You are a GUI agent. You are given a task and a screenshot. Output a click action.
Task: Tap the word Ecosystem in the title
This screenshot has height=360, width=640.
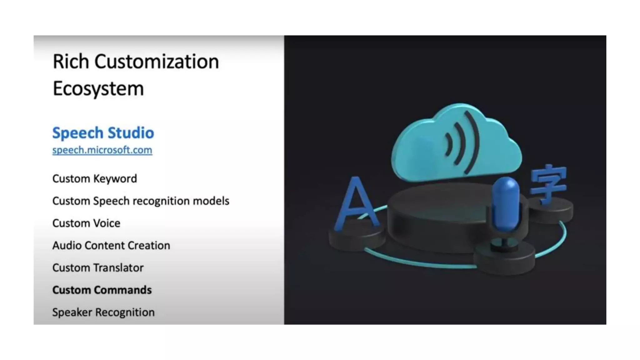(x=98, y=88)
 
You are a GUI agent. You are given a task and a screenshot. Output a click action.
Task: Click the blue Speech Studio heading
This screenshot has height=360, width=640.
(x=103, y=133)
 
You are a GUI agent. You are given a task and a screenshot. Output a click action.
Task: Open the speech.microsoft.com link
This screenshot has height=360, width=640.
(x=102, y=150)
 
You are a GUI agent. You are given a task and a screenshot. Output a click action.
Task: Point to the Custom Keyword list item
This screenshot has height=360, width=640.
(x=95, y=178)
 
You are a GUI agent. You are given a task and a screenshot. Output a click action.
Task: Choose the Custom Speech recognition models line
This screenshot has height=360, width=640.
(x=141, y=201)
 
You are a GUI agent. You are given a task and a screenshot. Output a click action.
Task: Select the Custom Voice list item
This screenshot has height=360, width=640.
(x=86, y=223)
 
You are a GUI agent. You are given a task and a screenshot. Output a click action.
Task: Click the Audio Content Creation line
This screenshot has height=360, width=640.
(x=111, y=245)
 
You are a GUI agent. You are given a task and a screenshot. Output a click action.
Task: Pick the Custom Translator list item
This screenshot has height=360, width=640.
(x=98, y=268)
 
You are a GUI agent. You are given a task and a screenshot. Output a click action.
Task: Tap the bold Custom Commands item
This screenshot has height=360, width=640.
(x=102, y=290)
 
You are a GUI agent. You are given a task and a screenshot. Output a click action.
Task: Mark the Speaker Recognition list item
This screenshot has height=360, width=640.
(x=103, y=312)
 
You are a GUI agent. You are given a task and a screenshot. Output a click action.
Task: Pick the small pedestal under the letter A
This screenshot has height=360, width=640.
(x=356, y=239)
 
